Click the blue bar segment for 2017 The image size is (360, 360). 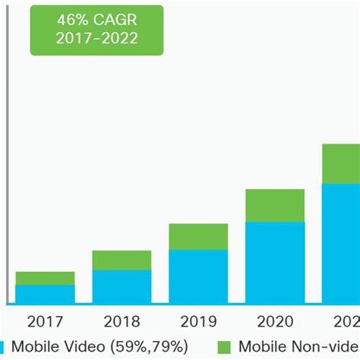[45, 295]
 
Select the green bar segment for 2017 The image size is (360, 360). [45, 278]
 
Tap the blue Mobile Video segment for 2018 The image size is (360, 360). [122, 287]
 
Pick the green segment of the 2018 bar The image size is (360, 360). [122, 261]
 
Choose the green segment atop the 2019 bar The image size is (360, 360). [198, 237]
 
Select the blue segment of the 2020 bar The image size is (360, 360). [275, 263]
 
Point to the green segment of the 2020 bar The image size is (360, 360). [275, 206]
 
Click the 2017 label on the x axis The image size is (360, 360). [45, 322]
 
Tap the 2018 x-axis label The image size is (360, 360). [122, 322]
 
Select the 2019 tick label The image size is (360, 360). [198, 322]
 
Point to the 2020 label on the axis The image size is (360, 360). [275, 322]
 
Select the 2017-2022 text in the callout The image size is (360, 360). [86, 39]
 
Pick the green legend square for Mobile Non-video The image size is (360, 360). [223, 347]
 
